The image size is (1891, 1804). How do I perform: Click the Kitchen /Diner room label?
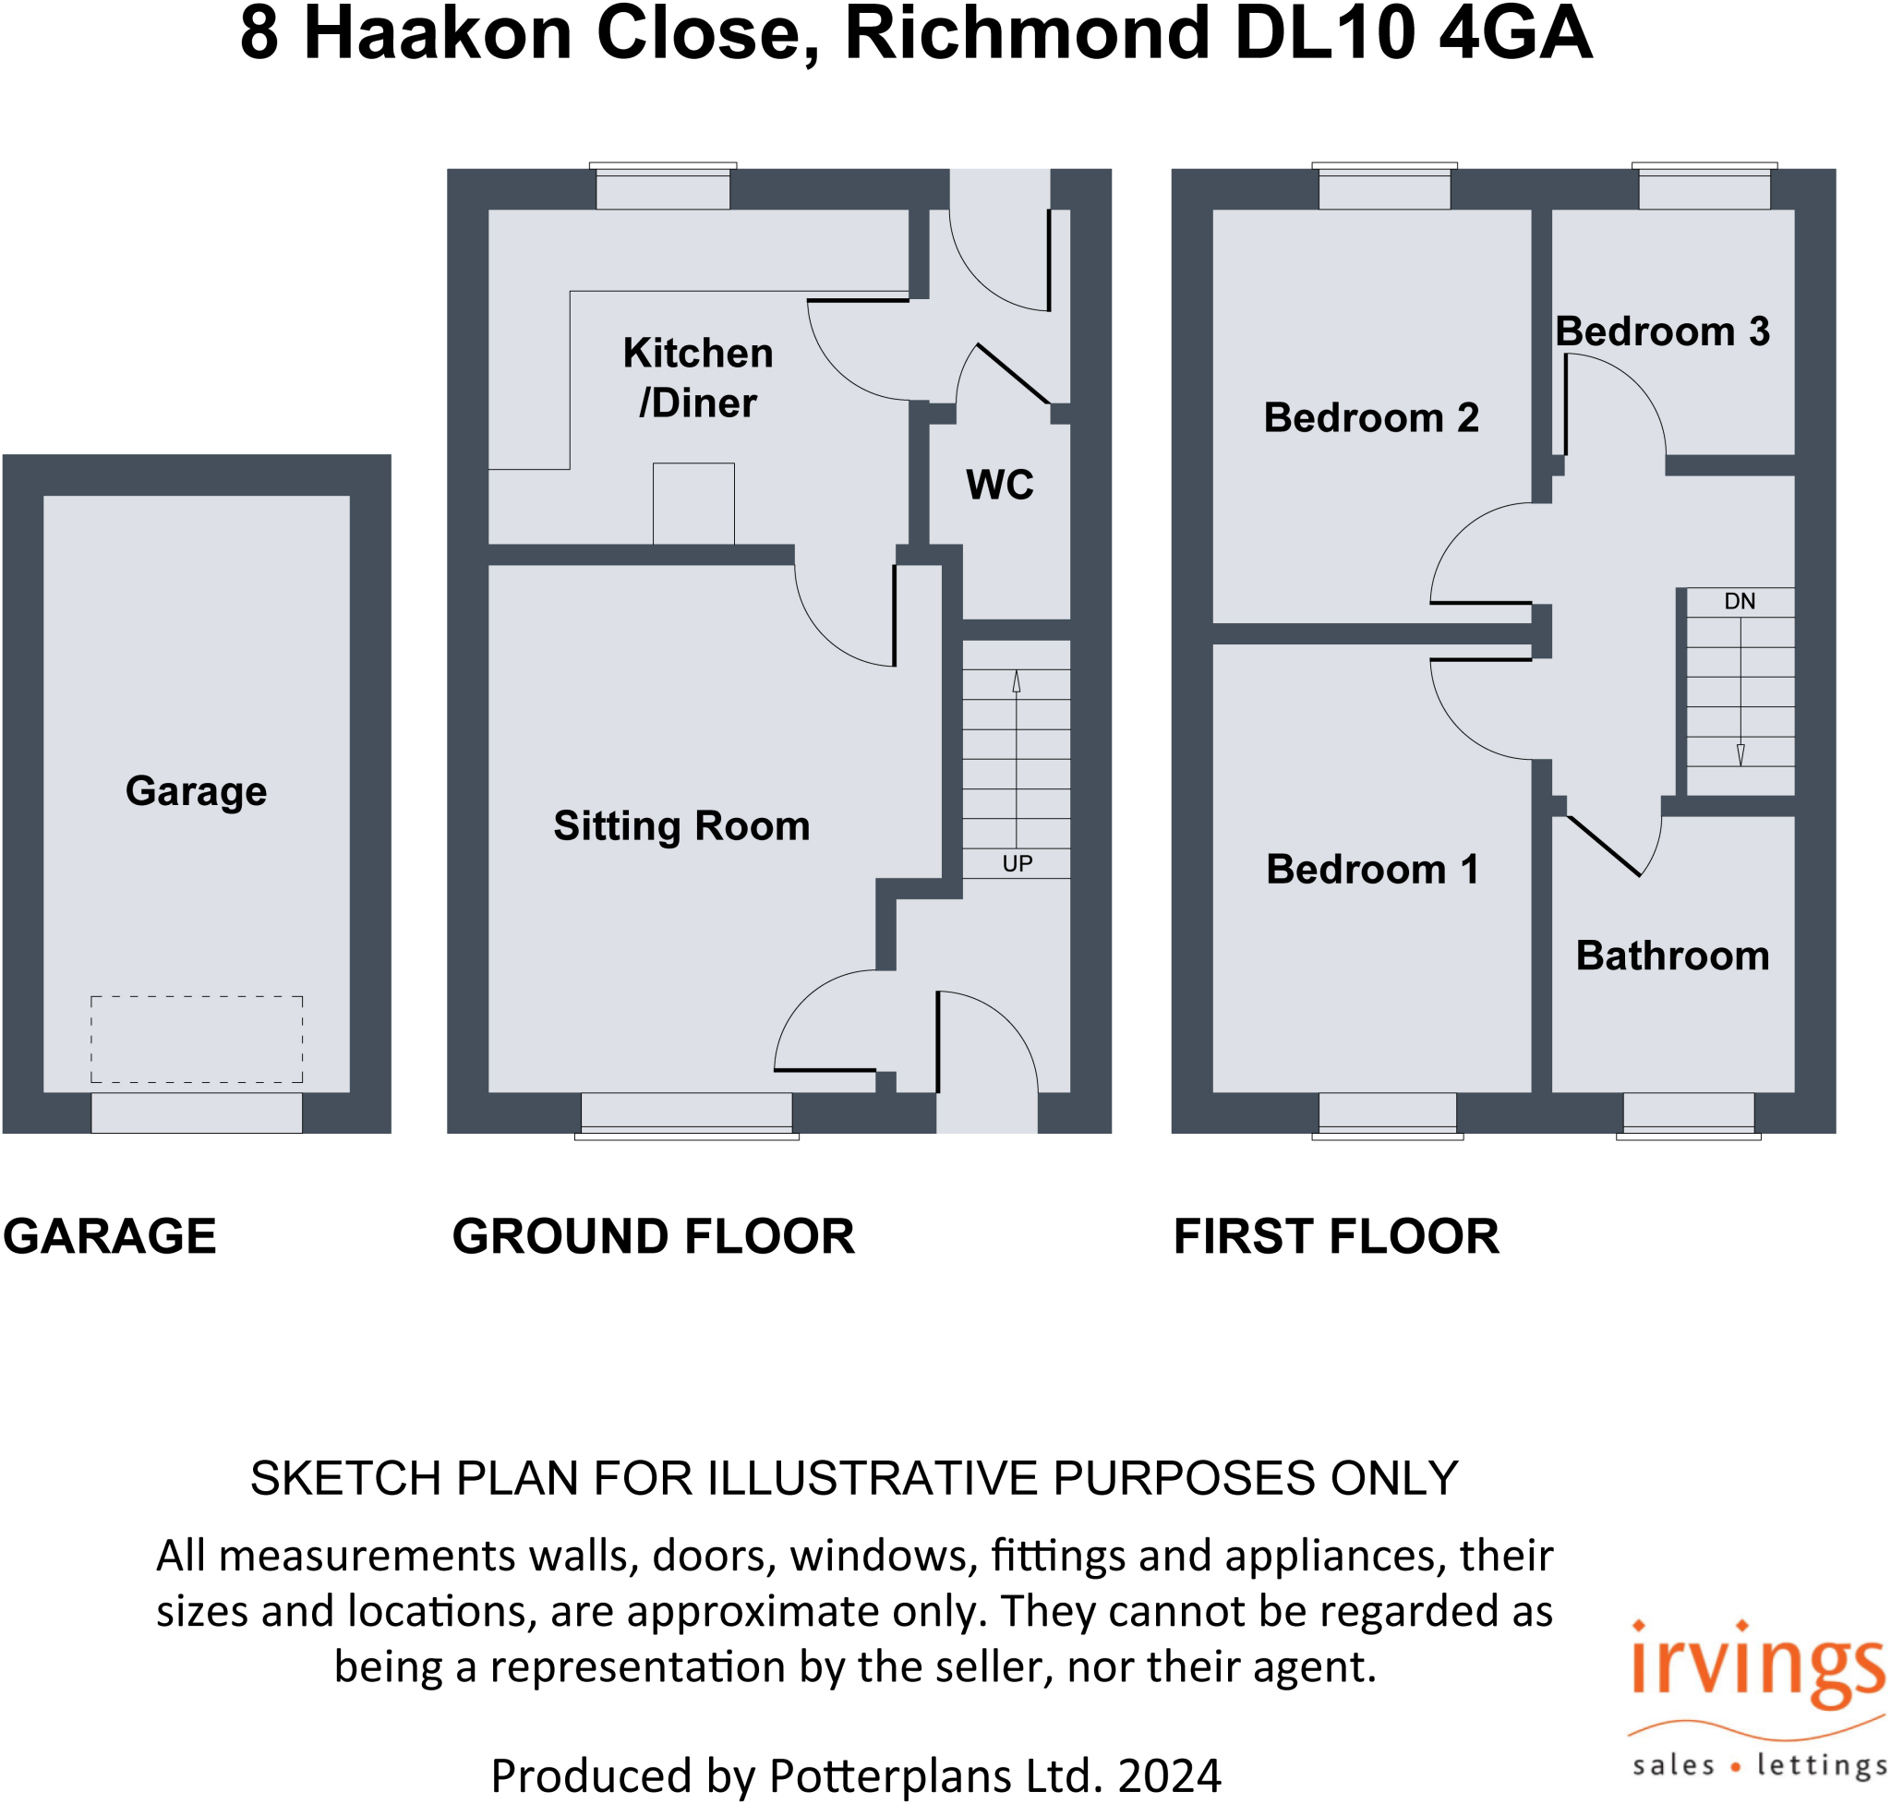pyautogui.click(x=697, y=378)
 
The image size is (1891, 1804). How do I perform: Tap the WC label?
pyautogui.click(x=999, y=485)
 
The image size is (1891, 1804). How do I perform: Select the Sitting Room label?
pyautogui.click(x=681, y=826)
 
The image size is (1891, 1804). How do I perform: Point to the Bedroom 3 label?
pyautogui.click(x=1662, y=331)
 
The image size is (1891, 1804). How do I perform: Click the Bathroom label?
pyautogui.click(x=1671, y=956)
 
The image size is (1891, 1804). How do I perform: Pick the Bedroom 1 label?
pyautogui.click(x=1371, y=870)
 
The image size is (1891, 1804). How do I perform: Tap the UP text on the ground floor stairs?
pyautogui.click(x=1017, y=863)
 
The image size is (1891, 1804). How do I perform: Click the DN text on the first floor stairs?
pyautogui.click(x=1739, y=602)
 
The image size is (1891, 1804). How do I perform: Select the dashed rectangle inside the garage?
pyautogui.click(x=197, y=1040)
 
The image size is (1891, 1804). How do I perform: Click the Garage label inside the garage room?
pyautogui.click(x=197, y=791)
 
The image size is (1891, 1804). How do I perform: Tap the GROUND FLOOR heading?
pyautogui.click(x=653, y=1236)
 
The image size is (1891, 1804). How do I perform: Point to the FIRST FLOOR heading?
pyautogui.click(x=1336, y=1236)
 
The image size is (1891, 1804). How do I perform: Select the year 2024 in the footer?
pyautogui.click(x=1169, y=1775)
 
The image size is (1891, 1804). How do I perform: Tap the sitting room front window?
pyautogui.click(x=686, y=1113)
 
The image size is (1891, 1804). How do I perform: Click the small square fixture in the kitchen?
pyautogui.click(x=693, y=504)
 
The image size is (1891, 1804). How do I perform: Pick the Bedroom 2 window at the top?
pyautogui.click(x=1384, y=188)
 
